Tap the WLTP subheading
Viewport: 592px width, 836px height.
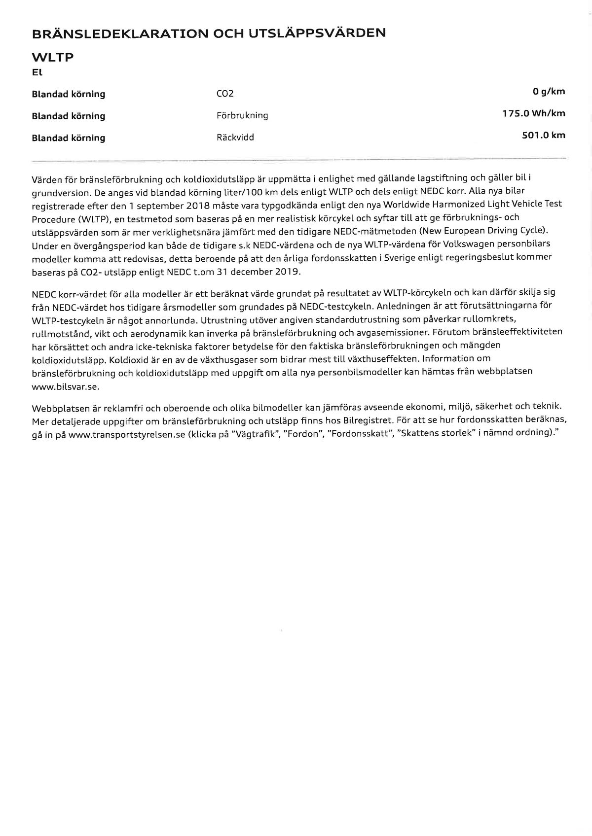pyautogui.click(x=52, y=57)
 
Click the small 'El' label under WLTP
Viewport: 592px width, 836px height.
pyautogui.click(x=37, y=72)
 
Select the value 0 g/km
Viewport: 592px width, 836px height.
pyautogui.click(x=549, y=91)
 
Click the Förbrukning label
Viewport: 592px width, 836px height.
pyautogui.click(x=242, y=116)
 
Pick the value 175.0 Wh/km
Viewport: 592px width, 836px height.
pyautogui.click(x=534, y=113)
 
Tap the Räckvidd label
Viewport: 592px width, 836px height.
pyautogui.click(x=235, y=138)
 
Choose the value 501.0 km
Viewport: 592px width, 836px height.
pyautogui.click(x=544, y=135)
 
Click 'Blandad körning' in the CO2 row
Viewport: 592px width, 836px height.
pyautogui.click(x=69, y=94)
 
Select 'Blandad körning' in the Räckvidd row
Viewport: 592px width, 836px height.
pyautogui.click(x=69, y=138)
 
